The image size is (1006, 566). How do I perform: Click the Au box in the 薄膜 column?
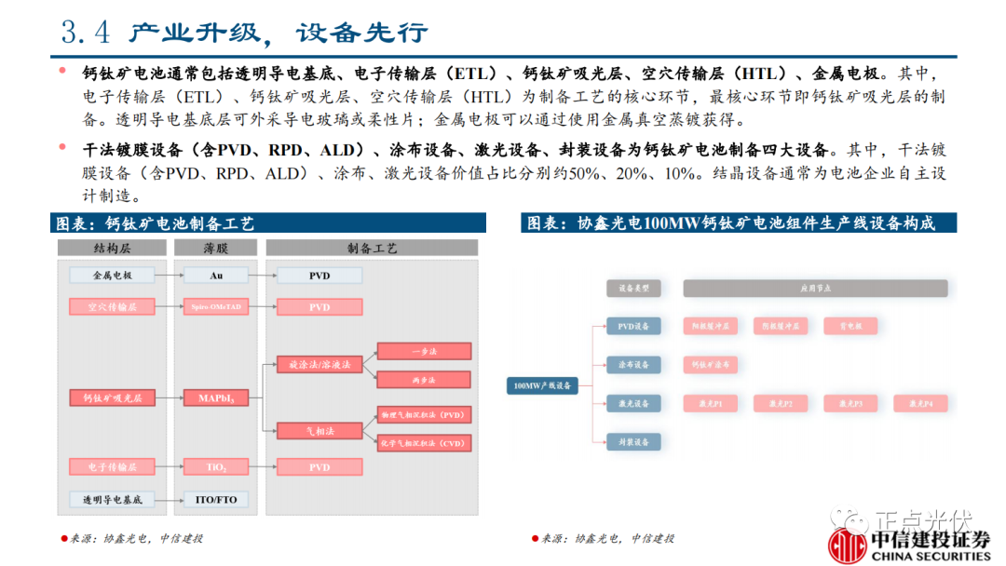[x=215, y=276]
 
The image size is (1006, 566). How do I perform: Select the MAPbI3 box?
[x=215, y=398]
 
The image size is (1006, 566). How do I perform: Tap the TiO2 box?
[x=215, y=466]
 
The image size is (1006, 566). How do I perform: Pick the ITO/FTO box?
[x=215, y=500]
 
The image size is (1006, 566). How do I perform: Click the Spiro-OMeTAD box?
[x=215, y=306]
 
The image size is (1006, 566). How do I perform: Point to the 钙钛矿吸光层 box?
[x=112, y=398]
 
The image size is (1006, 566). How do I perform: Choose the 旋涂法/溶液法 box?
[x=319, y=365]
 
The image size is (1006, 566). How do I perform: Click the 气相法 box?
[x=319, y=431]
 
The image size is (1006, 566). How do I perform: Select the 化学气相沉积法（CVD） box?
[x=424, y=443]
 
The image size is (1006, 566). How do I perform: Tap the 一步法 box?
[x=424, y=351]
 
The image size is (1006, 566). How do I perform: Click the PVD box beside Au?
[x=319, y=276]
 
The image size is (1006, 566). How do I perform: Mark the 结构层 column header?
[x=112, y=249]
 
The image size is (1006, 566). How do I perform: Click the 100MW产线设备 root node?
[x=542, y=384]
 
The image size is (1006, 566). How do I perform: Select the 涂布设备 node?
[x=633, y=364]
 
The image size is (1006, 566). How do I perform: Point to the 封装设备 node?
[x=633, y=442]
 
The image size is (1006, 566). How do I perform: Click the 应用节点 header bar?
[x=814, y=289]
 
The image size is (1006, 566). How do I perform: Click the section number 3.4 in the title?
[x=85, y=33]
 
